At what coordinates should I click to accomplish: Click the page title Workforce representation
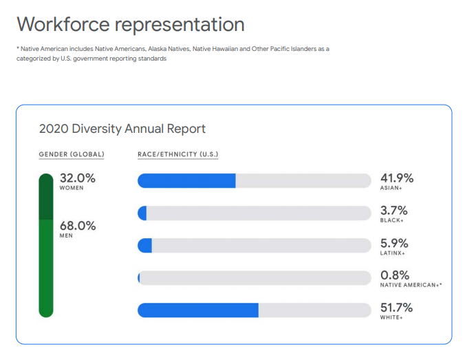(x=131, y=24)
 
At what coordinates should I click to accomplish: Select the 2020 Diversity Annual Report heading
(x=122, y=129)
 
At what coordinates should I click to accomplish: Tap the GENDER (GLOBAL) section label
(x=72, y=154)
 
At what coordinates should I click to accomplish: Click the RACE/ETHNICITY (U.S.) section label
(x=178, y=154)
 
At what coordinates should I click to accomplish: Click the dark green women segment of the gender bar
(x=46, y=196)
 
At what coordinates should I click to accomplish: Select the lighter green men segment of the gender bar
(x=46, y=268)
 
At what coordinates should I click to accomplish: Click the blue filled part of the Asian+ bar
(x=186, y=181)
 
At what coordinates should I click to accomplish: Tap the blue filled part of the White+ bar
(x=198, y=310)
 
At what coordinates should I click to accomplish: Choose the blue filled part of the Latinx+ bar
(x=145, y=246)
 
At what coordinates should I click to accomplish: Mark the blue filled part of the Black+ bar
(x=143, y=213)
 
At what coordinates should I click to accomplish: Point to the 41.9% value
(x=397, y=178)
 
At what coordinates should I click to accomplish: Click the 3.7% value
(x=394, y=210)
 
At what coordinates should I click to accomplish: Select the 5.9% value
(x=394, y=242)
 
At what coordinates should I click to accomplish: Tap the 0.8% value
(x=394, y=275)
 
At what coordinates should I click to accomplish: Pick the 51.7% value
(x=397, y=307)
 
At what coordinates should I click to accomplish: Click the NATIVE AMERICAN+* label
(x=411, y=284)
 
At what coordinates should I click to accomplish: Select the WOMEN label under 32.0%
(x=72, y=188)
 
